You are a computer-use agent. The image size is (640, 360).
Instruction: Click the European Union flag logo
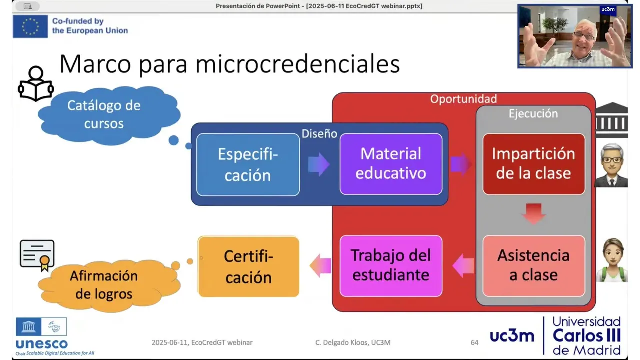click(30, 26)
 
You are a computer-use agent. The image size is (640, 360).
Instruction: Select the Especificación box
click(248, 165)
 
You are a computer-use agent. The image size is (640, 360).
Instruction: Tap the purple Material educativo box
click(391, 164)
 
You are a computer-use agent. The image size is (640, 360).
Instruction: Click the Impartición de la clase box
click(534, 164)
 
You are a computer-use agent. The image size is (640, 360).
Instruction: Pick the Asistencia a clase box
click(534, 266)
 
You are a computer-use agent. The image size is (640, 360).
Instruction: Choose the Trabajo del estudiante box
click(391, 266)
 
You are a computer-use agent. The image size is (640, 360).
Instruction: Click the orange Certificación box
click(248, 267)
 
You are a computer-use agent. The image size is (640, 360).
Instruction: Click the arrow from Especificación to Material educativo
click(319, 164)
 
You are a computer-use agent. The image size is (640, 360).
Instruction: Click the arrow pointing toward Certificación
click(320, 266)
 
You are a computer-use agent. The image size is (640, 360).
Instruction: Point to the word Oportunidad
click(463, 99)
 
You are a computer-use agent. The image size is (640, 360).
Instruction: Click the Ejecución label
click(533, 114)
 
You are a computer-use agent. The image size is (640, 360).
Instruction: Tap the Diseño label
click(319, 134)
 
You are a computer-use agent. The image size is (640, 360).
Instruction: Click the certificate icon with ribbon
click(37, 255)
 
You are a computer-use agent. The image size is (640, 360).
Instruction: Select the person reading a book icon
click(36, 83)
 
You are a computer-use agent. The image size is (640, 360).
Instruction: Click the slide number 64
click(474, 342)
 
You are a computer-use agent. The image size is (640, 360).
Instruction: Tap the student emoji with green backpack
click(612, 260)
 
